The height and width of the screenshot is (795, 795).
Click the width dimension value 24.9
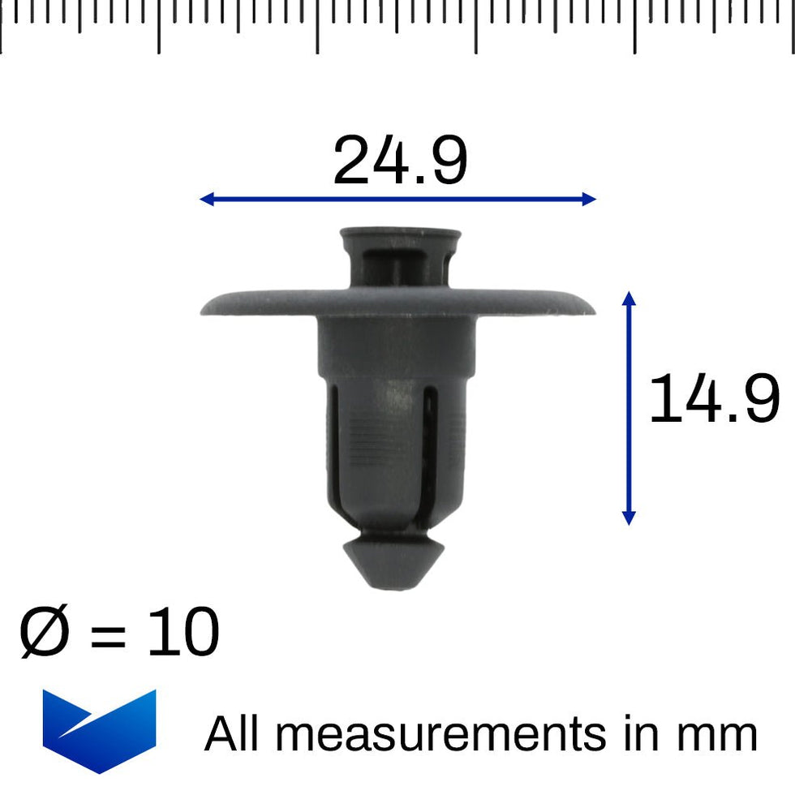coord(400,161)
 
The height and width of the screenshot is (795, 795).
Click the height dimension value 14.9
coord(714,399)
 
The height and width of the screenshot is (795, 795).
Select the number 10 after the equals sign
coord(183,634)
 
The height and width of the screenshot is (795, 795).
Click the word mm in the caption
coord(717,734)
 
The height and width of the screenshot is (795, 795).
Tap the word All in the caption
coord(235,734)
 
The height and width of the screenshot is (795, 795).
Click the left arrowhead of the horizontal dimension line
coord(206,199)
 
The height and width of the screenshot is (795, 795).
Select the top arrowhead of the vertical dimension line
coord(628,298)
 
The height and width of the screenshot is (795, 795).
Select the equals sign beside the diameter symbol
coord(108,637)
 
